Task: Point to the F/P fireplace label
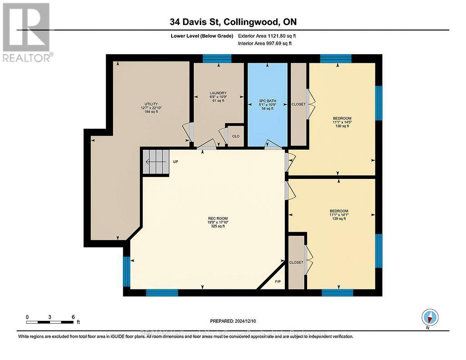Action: (x=278, y=281)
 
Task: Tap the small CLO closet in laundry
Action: (x=236, y=136)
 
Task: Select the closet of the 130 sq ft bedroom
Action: (x=299, y=104)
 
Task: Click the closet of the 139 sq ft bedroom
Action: (x=296, y=262)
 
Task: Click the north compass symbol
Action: (x=430, y=317)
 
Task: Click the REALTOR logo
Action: (x=27, y=32)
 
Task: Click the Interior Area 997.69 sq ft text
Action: (x=265, y=43)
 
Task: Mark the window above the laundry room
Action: (x=217, y=58)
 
